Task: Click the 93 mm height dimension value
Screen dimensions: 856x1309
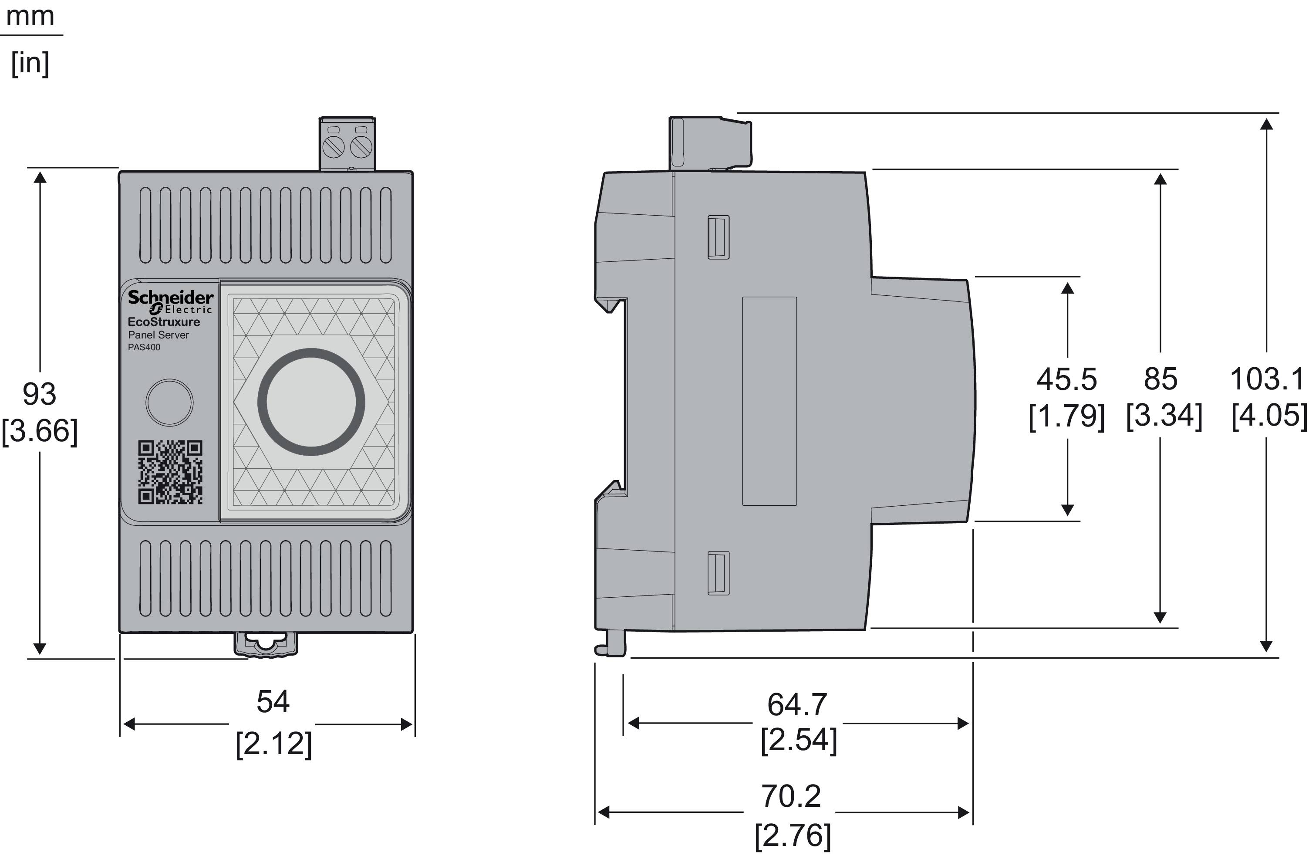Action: [x=39, y=394]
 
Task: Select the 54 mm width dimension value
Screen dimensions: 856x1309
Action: [x=273, y=701]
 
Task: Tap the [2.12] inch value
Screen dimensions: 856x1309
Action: [x=273, y=744]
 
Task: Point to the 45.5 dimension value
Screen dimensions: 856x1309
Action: [x=1066, y=379]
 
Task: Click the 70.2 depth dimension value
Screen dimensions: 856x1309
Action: [x=791, y=795]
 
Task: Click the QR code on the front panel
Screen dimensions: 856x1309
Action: [x=170, y=472]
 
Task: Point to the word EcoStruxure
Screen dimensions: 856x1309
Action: [x=164, y=322]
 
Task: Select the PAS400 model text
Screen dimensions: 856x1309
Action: [x=144, y=347]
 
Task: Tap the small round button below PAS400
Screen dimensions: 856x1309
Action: [x=169, y=402]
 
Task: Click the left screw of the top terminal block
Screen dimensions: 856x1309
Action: [x=334, y=146]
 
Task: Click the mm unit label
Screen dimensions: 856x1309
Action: [x=30, y=17]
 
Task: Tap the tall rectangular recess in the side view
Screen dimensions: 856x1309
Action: [x=769, y=401]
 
